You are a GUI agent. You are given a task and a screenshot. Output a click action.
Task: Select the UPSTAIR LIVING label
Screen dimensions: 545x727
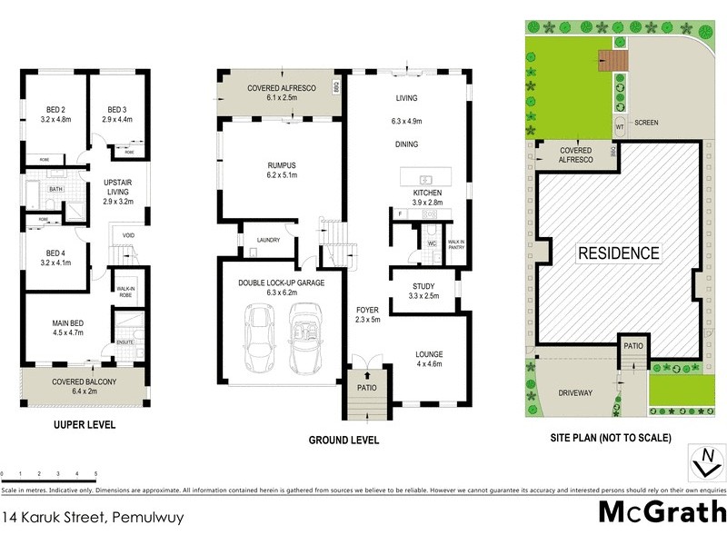tap(118, 185)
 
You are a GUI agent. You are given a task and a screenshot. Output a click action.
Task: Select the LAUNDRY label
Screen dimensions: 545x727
tap(267, 240)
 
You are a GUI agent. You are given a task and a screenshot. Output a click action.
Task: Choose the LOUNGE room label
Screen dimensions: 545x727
tap(428, 355)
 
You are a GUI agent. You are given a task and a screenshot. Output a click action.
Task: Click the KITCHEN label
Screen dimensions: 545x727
tap(427, 193)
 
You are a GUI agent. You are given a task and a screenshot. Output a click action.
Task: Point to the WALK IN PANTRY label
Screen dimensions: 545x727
tap(456, 243)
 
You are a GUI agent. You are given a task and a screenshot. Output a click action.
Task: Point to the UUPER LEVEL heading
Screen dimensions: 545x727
tap(84, 425)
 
